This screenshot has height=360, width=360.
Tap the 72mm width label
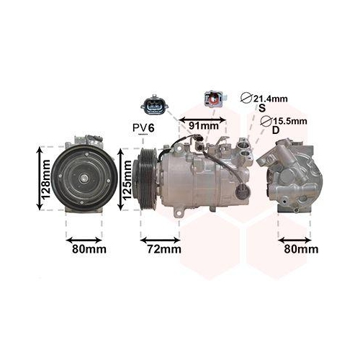coord(159,249)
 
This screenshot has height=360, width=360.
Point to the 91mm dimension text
coord(203,126)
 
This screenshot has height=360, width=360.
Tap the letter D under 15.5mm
coord(275,131)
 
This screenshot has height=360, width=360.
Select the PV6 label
coord(143,127)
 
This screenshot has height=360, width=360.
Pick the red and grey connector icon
coord(214,98)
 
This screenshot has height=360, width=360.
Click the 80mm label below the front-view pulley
coord(89,249)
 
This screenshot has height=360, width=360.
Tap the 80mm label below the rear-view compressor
coord(300,249)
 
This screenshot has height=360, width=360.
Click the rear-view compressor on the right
coord(292,176)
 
